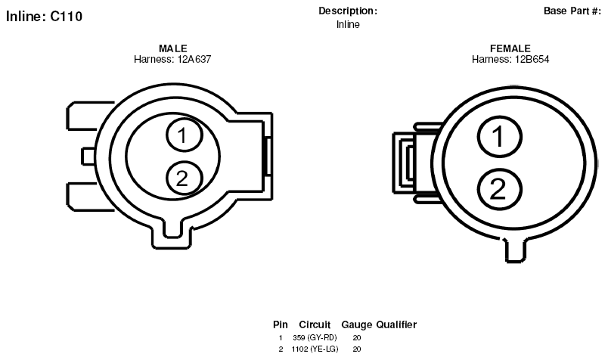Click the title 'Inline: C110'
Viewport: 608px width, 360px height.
point(44,17)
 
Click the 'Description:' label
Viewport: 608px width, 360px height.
point(348,11)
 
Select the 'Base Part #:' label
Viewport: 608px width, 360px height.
point(572,11)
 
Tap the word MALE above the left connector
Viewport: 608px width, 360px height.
point(173,48)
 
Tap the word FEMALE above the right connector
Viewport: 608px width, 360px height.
point(510,48)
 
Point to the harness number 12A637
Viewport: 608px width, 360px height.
point(194,59)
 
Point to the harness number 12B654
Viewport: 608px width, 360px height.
point(532,59)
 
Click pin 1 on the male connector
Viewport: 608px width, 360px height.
point(185,135)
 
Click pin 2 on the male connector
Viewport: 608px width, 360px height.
point(185,178)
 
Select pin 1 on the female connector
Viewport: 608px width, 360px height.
point(499,137)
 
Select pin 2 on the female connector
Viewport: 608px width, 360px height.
point(499,189)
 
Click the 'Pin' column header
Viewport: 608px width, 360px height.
point(281,324)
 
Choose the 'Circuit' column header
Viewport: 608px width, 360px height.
point(315,324)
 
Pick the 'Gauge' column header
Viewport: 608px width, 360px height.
point(356,325)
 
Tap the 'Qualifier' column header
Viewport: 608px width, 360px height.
point(396,324)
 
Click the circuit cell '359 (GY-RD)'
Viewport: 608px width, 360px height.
point(315,338)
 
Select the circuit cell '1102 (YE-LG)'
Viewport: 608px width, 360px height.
point(315,349)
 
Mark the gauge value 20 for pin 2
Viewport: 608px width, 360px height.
point(357,349)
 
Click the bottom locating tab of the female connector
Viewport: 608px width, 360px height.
point(516,250)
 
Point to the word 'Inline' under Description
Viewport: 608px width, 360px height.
point(348,24)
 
